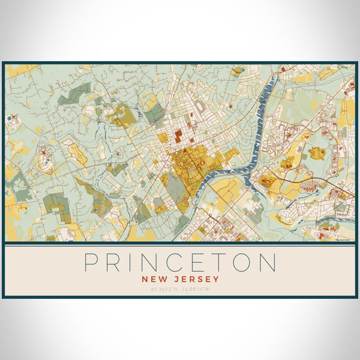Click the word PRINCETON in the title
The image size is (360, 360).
click(x=180, y=263)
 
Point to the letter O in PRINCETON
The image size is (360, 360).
click(x=247, y=263)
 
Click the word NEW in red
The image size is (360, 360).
click(x=153, y=279)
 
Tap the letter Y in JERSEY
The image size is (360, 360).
click(x=216, y=279)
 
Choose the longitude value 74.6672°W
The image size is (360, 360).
click(x=199, y=290)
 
